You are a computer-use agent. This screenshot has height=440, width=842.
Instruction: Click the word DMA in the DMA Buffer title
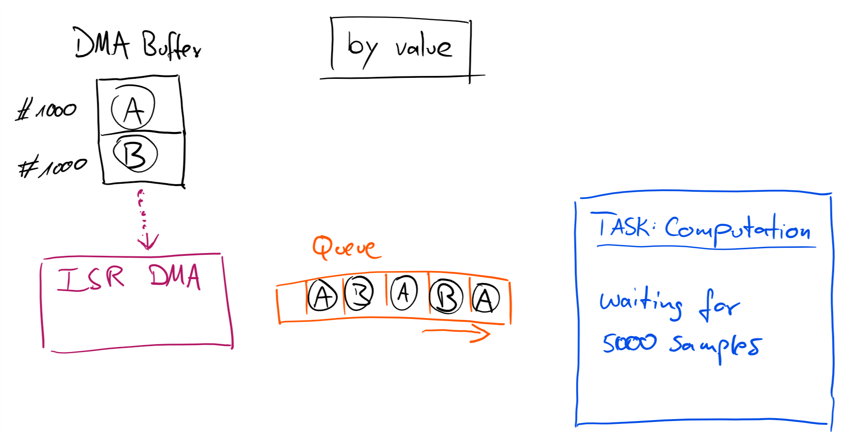[102, 44]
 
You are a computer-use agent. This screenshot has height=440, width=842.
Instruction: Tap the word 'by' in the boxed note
[362, 48]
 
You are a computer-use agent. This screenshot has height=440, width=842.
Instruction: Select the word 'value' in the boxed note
[423, 47]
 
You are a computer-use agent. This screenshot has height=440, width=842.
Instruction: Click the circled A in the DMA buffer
[133, 108]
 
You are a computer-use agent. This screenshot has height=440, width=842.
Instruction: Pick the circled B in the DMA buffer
[135, 153]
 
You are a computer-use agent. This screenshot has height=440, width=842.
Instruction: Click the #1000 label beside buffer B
[52, 167]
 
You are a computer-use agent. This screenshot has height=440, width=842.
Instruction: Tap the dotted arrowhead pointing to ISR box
[148, 242]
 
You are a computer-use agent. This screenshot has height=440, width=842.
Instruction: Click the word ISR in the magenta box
[91, 278]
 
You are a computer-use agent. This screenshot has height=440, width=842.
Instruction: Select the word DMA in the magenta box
[174, 277]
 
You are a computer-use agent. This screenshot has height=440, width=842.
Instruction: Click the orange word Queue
[346, 247]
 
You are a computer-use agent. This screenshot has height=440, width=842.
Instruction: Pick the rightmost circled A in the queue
[485, 299]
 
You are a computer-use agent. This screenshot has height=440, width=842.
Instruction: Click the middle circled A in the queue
[404, 292]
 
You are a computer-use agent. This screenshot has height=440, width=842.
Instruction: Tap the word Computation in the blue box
[737, 229]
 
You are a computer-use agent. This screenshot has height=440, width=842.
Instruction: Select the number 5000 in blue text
[629, 342]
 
